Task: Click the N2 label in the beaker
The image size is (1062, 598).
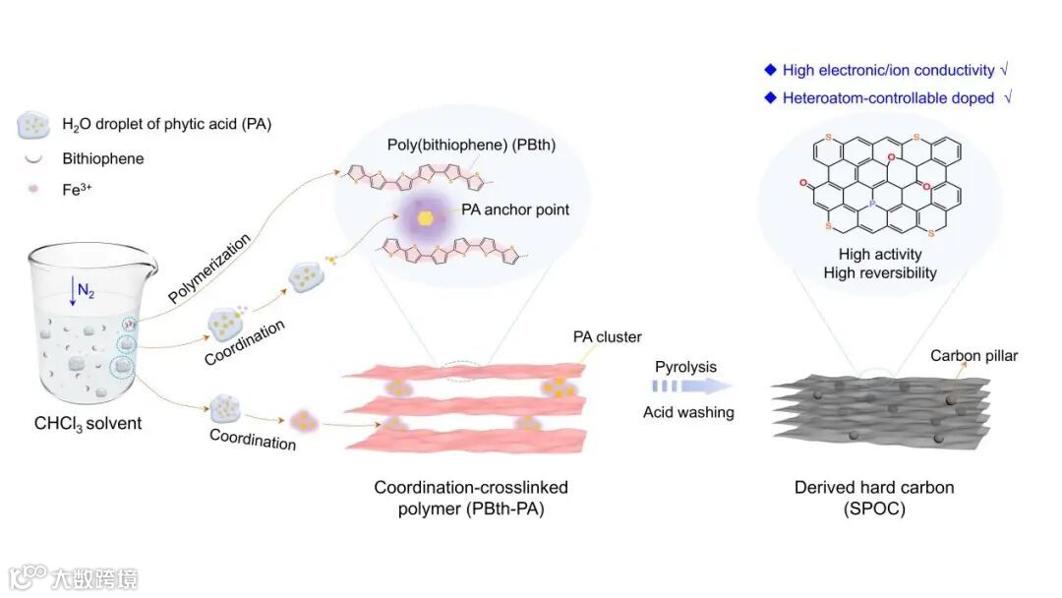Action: [x=87, y=293]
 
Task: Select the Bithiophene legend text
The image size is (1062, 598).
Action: [x=103, y=157]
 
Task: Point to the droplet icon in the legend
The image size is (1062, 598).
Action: [x=33, y=125]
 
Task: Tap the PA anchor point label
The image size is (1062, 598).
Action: [x=515, y=209]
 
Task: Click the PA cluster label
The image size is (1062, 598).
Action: [x=607, y=337]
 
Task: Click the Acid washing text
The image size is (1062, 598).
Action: [x=688, y=412]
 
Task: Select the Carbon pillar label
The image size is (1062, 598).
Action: [x=973, y=355]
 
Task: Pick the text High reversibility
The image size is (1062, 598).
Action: [x=880, y=272]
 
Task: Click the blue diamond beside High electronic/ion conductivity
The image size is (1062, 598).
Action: [x=770, y=69]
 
